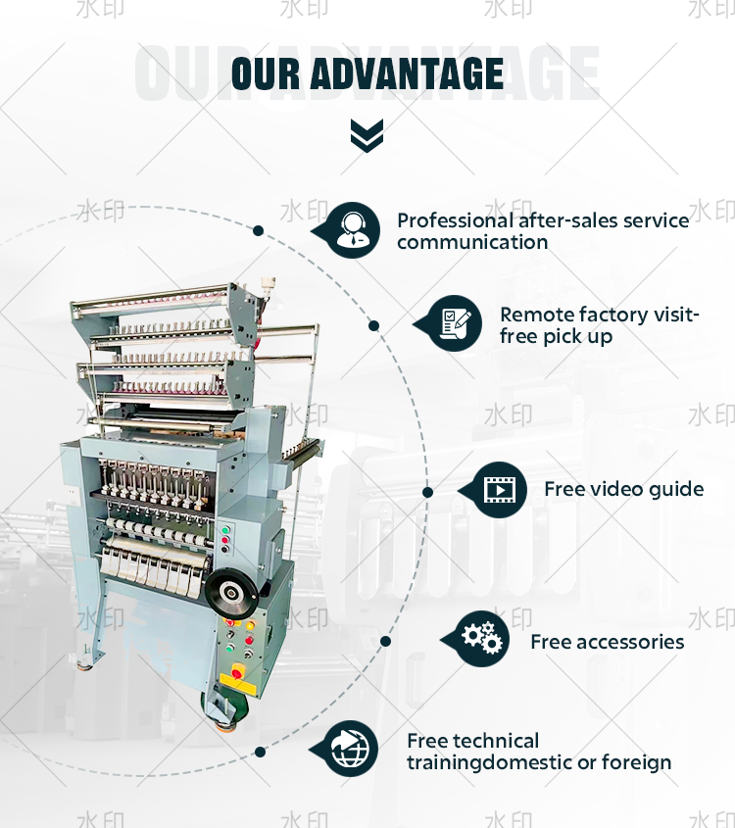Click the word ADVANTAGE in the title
[x=409, y=74]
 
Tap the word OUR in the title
[x=267, y=74]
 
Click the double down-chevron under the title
[x=367, y=135]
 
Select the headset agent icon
[x=351, y=230]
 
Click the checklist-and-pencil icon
[x=455, y=323]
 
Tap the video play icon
[x=500, y=489]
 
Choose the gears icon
[x=481, y=639]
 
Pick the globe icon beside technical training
[x=351, y=750]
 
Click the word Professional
[x=455, y=220]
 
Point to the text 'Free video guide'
[x=623, y=489]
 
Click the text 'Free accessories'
[x=607, y=642]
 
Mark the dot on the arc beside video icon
[x=427, y=491]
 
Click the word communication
[x=472, y=242]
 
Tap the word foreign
[x=638, y=762]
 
